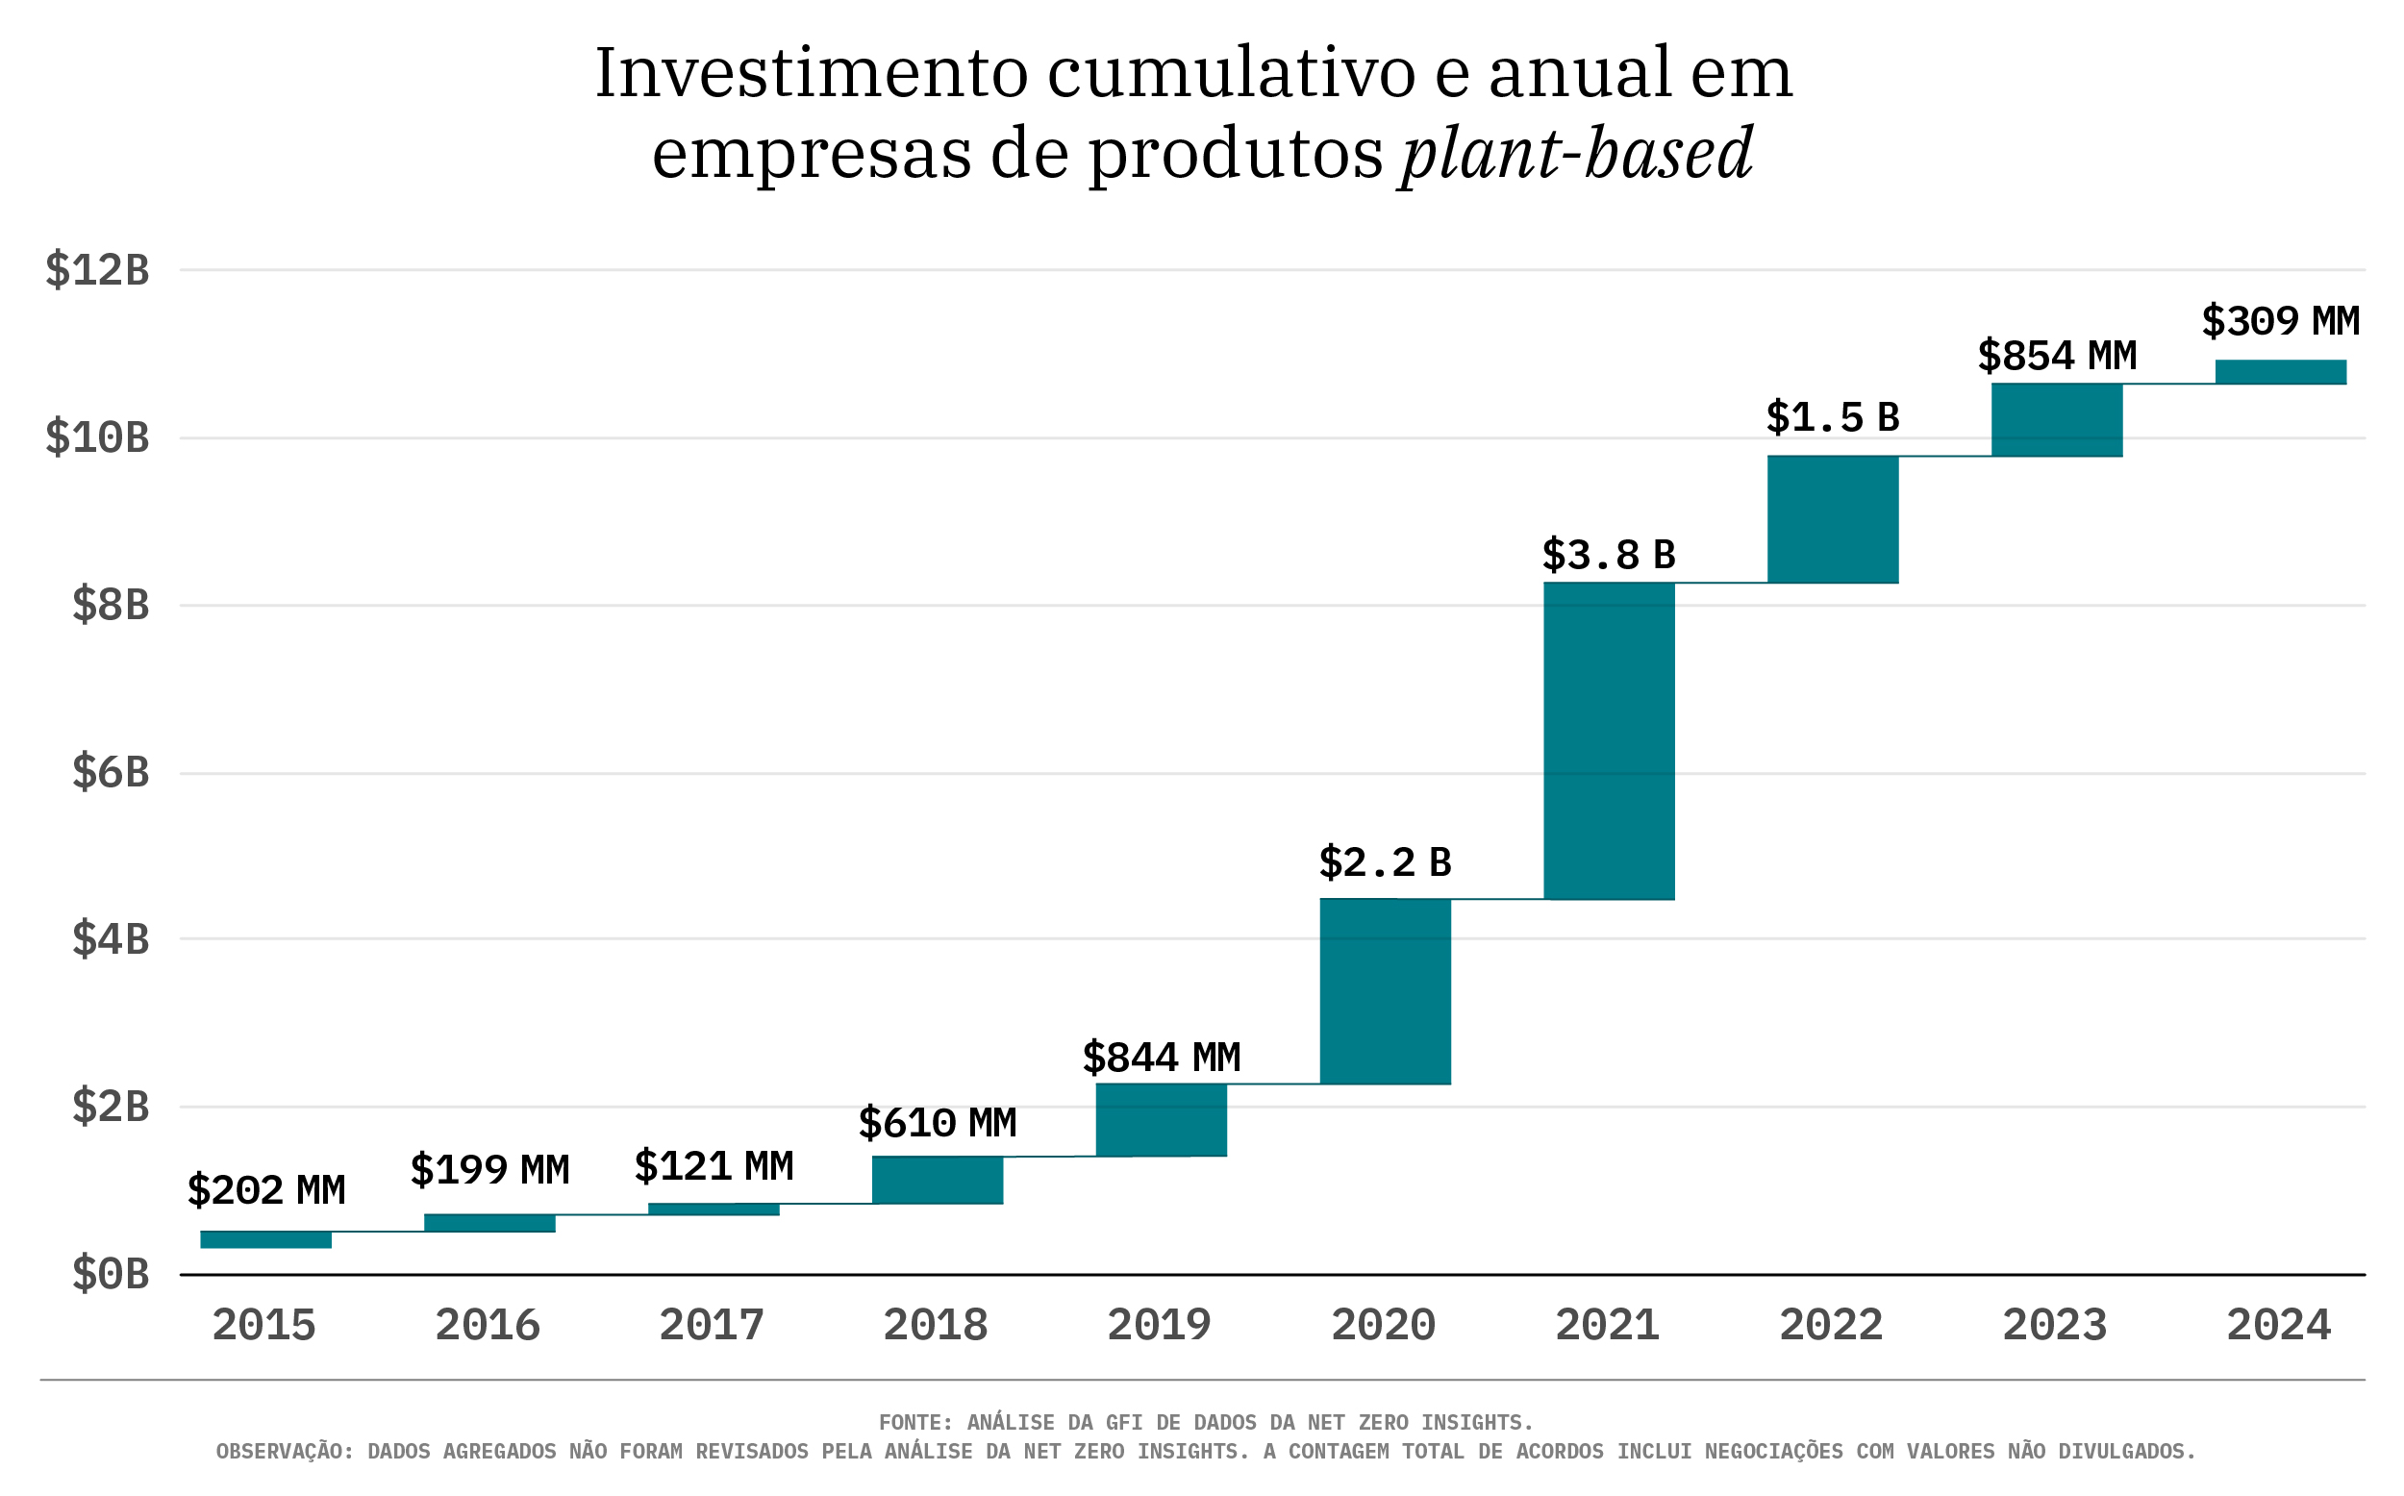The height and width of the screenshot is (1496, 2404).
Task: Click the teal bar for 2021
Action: (1609, 741)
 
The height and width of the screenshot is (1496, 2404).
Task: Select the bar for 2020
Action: (1385, 991)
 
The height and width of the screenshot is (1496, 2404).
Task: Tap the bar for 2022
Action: (1832, 519)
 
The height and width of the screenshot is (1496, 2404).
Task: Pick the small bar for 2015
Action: (265, 1239)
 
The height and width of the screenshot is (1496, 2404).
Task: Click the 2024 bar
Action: (2280, 372)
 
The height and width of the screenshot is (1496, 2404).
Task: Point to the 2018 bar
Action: (937, 1180)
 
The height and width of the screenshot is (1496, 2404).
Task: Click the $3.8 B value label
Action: (1609, 555)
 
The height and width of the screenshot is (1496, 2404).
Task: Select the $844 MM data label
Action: (1161, 1058)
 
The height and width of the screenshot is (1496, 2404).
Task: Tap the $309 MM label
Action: (2280, 321)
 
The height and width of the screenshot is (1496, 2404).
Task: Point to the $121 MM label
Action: (714, 1166)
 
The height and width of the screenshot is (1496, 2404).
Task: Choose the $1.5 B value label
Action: (1832, 417)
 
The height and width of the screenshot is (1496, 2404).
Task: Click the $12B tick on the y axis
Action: (97, 270)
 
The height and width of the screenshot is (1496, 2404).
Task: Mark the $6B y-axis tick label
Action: (110, 773)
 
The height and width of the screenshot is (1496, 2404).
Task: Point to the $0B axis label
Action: (110, 1274)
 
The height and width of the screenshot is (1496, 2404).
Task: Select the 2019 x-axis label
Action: (1160, 1326)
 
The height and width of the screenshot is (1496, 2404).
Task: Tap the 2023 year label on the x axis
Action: (2055, 1326)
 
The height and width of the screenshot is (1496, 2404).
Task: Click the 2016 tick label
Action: (488, 1326)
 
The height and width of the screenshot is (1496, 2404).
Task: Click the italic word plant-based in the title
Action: (1576, 155)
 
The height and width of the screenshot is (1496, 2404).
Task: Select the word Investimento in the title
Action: (812, 74)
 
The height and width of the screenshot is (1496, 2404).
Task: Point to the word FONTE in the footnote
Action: (915, 1423)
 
